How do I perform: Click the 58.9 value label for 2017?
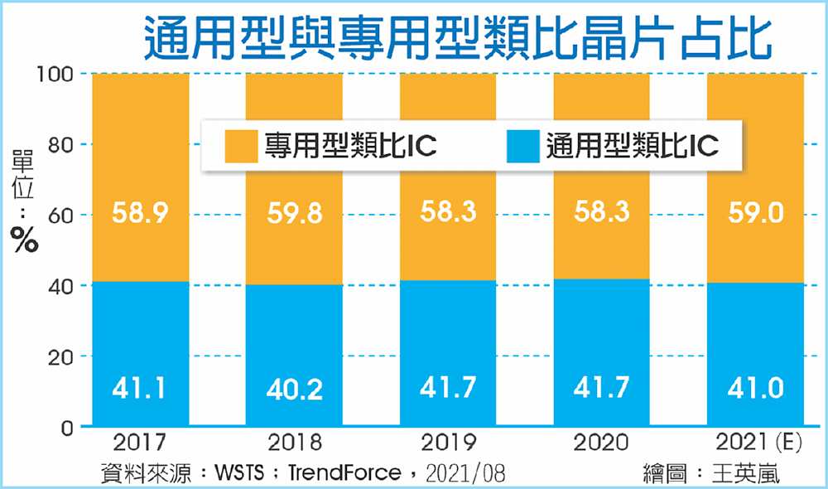pos(142,215)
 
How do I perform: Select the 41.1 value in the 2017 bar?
pos(142,387)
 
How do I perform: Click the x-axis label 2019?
pos(447,442)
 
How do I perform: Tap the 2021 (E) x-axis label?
pos(755,442)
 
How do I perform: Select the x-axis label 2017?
pos(141,442)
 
